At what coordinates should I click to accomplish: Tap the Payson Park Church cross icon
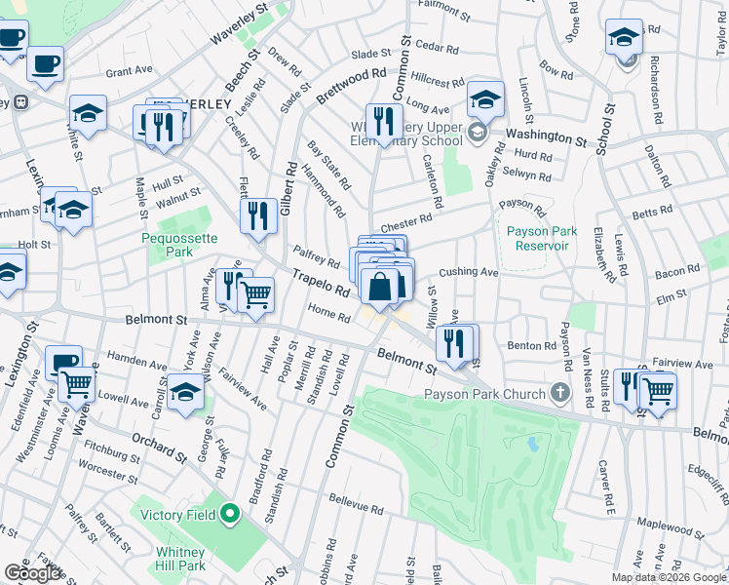[559, 394]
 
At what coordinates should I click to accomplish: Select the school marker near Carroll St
[184, 394]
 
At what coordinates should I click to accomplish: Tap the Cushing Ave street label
[469, 272]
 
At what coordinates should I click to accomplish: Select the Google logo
[32, 573]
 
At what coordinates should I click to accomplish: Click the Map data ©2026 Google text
[670, 577]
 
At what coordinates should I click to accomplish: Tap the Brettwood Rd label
[352, 85]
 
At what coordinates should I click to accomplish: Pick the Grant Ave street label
[130, 71]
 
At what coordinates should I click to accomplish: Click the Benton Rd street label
[530, 345]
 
